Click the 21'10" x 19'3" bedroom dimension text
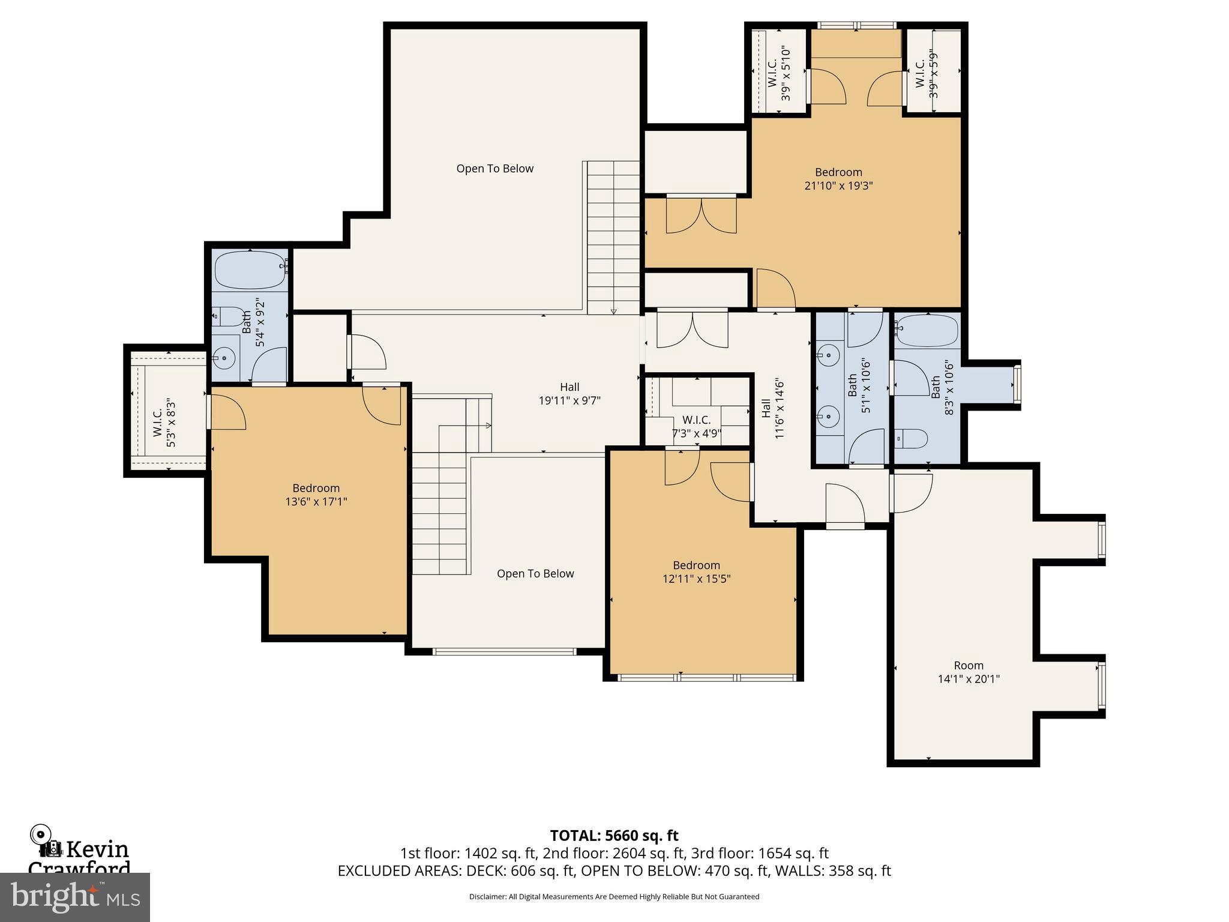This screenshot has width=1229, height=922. pos(838,186)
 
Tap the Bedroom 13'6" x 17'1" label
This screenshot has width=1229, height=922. pos(316,495)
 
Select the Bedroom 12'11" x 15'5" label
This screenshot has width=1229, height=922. pos(696,571)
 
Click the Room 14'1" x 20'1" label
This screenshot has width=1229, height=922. pos(968,672)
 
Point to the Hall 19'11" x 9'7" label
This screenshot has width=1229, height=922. pos(569,394)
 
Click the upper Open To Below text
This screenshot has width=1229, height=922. pos(494,169)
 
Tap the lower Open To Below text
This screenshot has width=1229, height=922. pos(535,574)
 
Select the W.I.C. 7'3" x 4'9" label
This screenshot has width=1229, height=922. pos(696,427)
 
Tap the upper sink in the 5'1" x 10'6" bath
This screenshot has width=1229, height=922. pos(828,355)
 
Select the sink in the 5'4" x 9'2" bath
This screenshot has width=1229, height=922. pos(224,359)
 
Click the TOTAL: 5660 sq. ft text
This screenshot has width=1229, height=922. pos(614,836)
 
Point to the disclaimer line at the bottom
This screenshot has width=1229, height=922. pos(614,897)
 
